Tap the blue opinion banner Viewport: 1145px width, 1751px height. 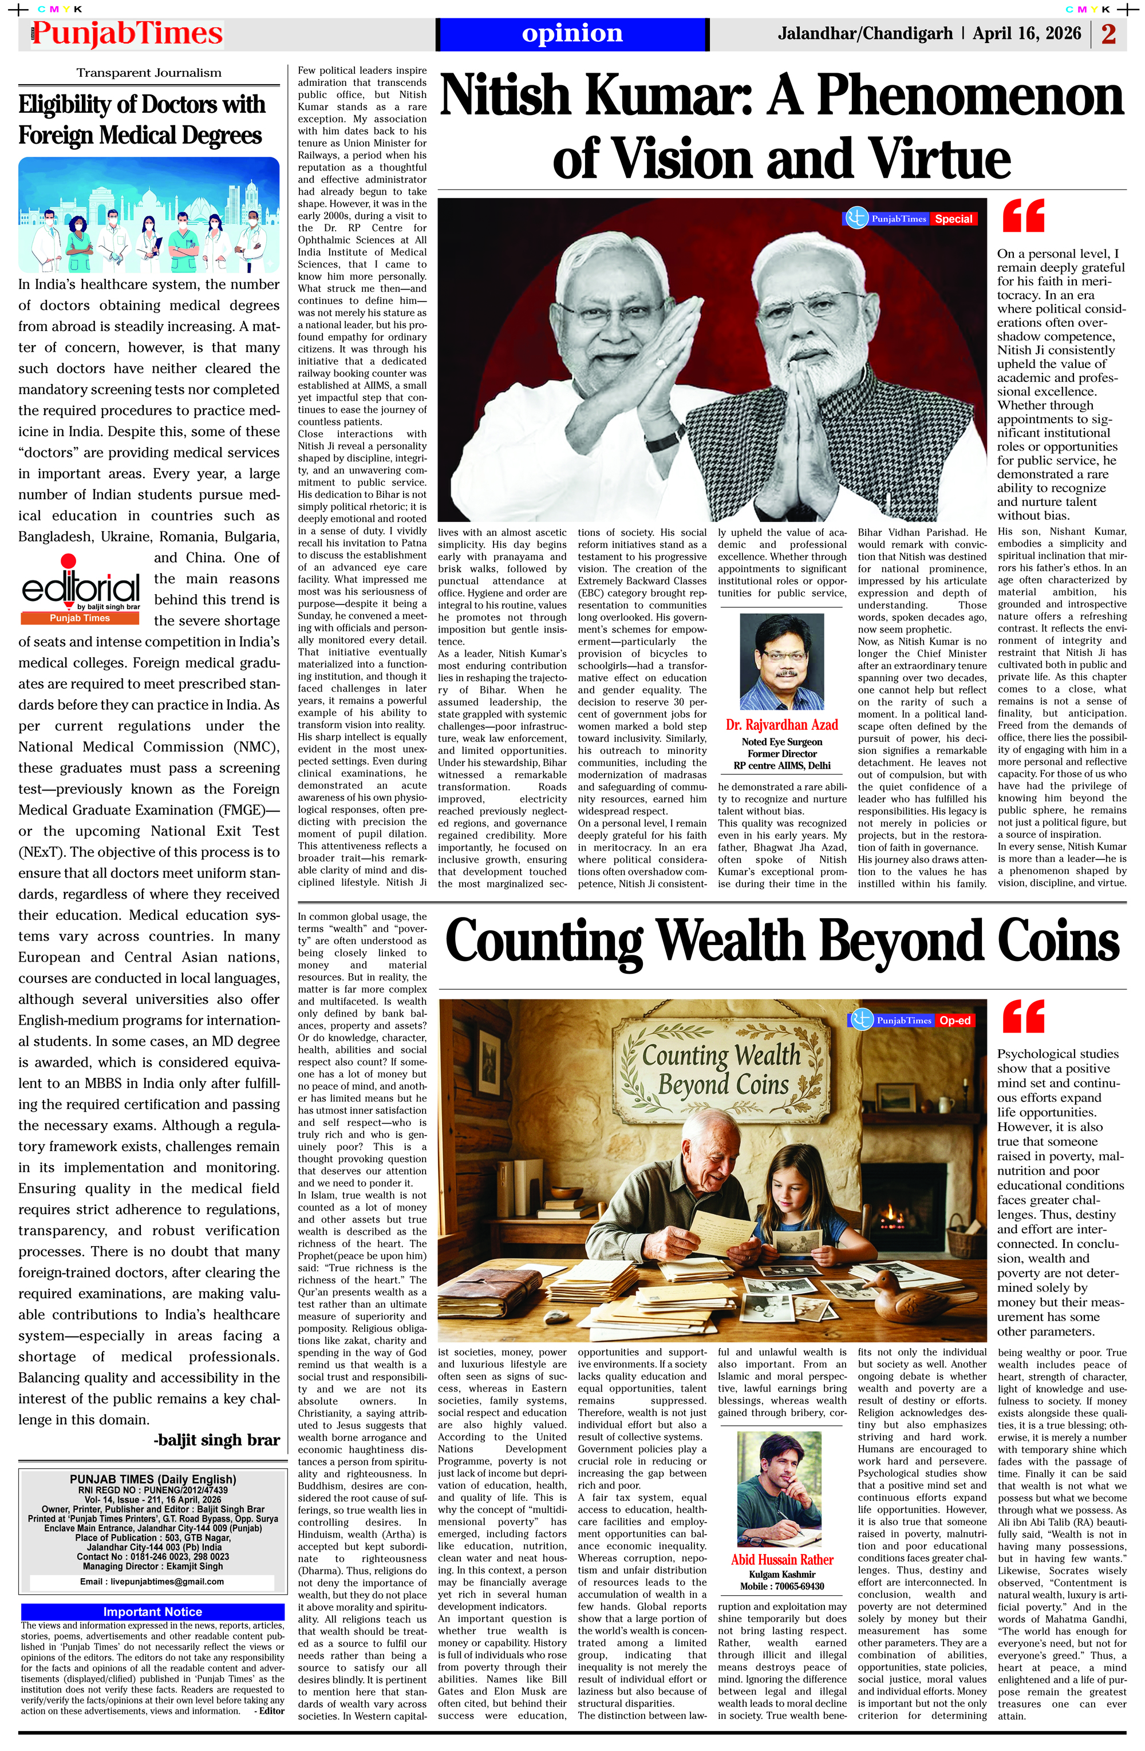(x=572, y=34)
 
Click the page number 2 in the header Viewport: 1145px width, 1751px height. (x=1108, y=34)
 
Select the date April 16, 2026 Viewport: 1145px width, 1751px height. (x=1026, y=34)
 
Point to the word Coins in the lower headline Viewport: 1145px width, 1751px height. (x=1055, y=941)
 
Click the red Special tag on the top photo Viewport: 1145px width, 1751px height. (x=953, y=219)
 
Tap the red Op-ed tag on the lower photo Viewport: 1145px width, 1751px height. (x=954, y=1021)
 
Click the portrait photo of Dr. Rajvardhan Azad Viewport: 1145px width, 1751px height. (x=781, y=661)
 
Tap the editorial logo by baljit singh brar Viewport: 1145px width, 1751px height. (x=81, y=591)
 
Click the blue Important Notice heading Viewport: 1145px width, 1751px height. (x=152, y=1612)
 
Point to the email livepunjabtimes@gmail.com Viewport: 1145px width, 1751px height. (x=152, y=1581)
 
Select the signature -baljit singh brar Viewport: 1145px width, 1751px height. (x=216, y=1440)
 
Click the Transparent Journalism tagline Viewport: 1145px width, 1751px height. (x=149, y=73)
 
